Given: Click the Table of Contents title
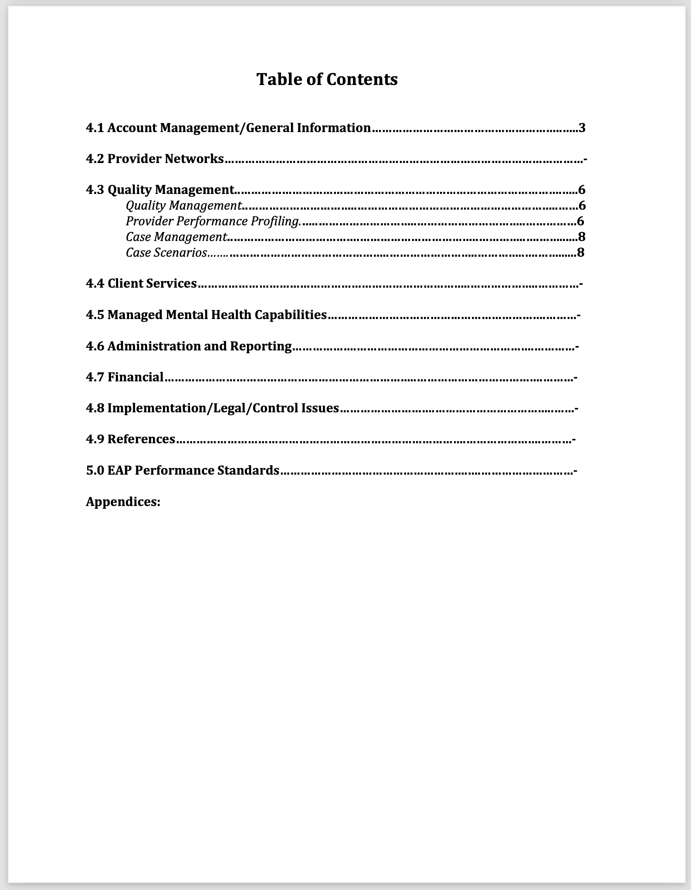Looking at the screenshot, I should [x=327, y=79].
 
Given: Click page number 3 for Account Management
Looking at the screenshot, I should [x=582, y=128].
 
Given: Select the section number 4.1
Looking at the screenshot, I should [x=95, y=128].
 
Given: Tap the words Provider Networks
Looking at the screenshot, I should [x=166, y=159].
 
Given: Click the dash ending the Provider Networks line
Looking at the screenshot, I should [x=585, y=160].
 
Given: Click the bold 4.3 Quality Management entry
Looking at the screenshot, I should [x=160, y=190].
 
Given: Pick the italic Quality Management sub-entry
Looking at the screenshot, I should [x=183, y=205].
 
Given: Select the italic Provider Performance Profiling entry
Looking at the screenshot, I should [x=213, y=221].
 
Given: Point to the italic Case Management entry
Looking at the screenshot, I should [x=176, y=237].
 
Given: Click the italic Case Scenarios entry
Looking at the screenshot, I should [x=166, y=253].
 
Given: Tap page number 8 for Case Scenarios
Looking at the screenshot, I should [x=580, y=252].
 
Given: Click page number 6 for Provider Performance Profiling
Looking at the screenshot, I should [x=580, y=221].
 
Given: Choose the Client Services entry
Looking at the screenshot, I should [x=141, y=283].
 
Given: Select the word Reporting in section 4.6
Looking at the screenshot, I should [x=261, y=346].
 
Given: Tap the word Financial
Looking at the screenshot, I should [x=135, y=377].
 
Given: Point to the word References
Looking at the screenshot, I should [x=141, y=439].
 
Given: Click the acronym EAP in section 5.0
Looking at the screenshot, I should [x=119, y=470].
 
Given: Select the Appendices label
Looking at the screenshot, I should [x=123, y=502].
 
